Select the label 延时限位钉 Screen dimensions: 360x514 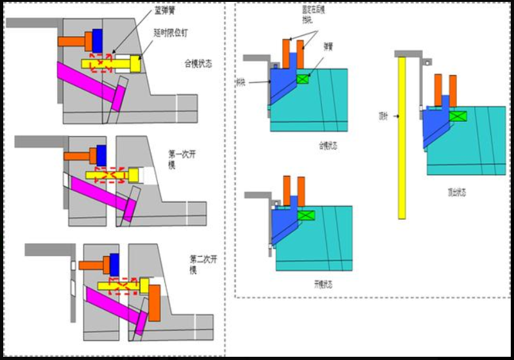pos(171,32)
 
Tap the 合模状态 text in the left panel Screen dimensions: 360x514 pos(198,64)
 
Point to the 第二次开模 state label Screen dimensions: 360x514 pos(203,263)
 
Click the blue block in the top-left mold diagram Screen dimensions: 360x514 pos(98,40)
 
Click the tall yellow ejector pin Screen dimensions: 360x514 pos(402,138)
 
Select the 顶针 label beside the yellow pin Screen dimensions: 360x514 pos(383,116)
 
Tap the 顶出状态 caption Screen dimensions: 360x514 pos(457,191)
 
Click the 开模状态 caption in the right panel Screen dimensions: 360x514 pos(323,284)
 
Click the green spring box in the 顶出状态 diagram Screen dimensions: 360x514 pos(458,116)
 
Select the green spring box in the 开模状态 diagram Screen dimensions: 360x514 pos(307,216)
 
